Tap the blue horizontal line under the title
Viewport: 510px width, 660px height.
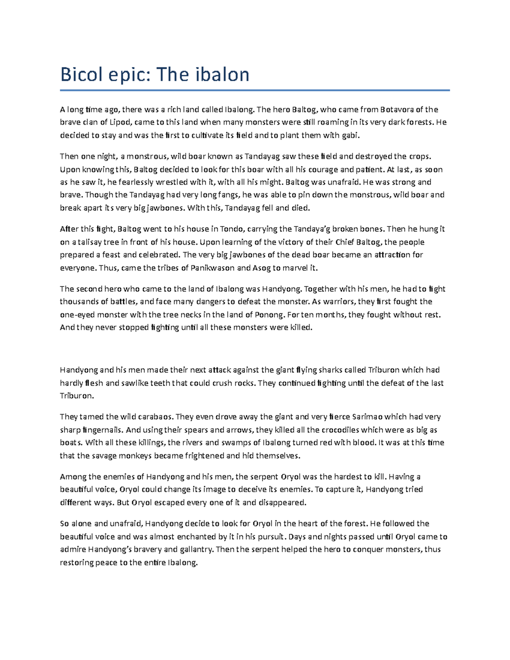[255, 90]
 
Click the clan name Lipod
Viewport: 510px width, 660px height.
[121, 122]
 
